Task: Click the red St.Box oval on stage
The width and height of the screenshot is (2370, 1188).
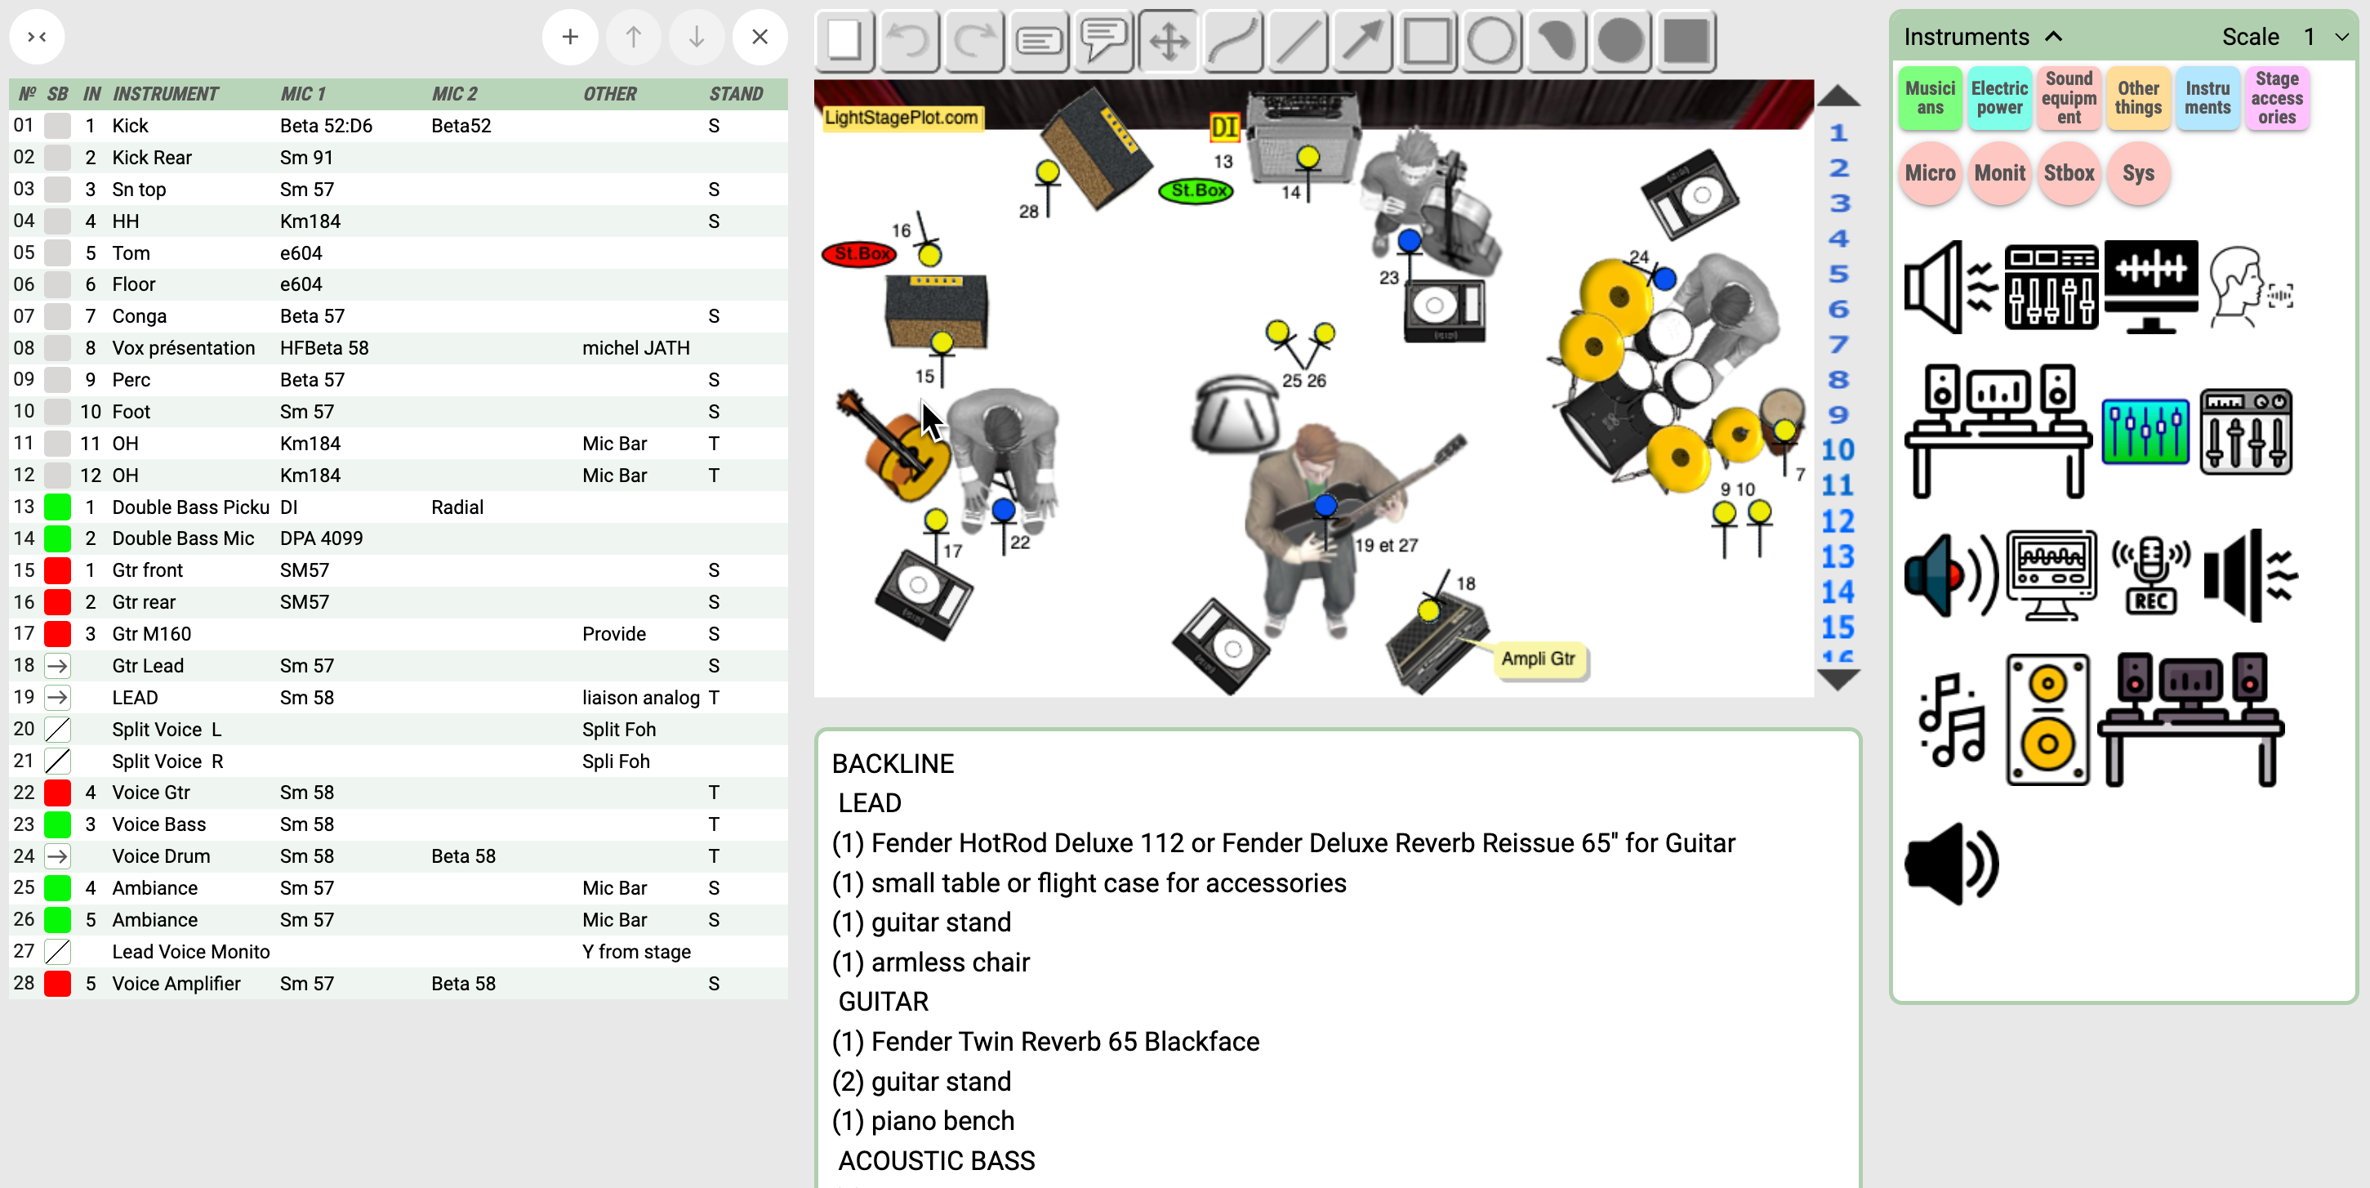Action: click(858, 253)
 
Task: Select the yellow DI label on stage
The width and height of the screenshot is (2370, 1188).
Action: click(1223, 127)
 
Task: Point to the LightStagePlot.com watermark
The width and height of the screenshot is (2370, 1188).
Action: click(901, 118)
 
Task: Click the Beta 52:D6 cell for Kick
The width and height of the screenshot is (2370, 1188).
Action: click(326, 126)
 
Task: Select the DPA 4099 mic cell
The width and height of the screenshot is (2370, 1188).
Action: click(321, 538)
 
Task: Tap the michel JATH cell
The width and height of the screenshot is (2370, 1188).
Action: click(635, 348)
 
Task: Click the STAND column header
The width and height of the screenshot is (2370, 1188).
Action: click(736, 94)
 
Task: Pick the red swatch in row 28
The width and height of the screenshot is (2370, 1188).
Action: click(58, 983)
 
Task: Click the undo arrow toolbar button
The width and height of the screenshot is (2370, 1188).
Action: click(909, 41)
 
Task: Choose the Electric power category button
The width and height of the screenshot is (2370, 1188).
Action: click(1998, 97)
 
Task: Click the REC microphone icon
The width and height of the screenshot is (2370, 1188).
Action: click(2149, 575)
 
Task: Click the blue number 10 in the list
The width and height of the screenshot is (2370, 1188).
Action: click(1838, 450)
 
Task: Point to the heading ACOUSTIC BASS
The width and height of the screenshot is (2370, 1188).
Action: click(937, 1160)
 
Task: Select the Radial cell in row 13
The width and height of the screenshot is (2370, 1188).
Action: click(457, 507)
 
